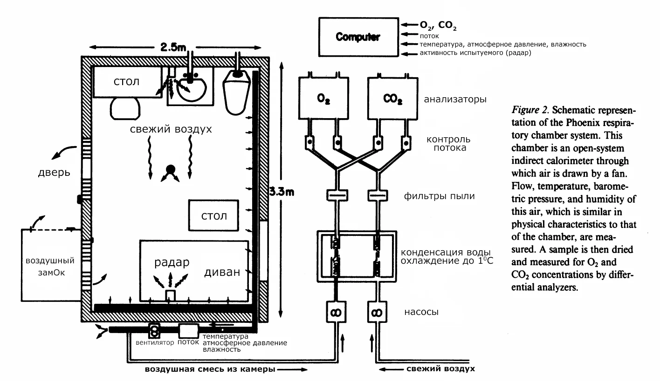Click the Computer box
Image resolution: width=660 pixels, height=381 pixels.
(x=358, y=37)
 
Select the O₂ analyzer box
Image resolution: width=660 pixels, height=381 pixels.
(x=323, y=98)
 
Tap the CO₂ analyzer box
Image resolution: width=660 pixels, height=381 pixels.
(x=393, y=98)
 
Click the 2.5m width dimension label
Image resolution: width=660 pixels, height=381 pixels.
(x=173, y=47)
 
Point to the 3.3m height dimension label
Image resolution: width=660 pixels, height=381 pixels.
(x=282, y=192)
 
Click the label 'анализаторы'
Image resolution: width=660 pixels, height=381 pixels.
(x=455, y=100)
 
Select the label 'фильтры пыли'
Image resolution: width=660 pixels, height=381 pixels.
(x=440, y=196)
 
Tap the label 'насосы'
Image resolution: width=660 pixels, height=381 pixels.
(x=421, y=312)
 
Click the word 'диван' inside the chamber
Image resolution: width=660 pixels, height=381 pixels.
(x=222, y=272)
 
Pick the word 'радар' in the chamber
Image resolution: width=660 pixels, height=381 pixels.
(x=172, y=262)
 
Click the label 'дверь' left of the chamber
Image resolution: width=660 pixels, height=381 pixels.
(x=54, y=173)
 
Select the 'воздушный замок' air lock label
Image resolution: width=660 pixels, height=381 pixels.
(x=50, y=267)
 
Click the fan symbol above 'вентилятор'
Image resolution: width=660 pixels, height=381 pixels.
(x=154, y=331)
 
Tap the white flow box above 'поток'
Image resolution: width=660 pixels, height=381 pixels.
(x=189, y=331)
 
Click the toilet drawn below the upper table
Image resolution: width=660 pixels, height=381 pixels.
(x=125, y=108)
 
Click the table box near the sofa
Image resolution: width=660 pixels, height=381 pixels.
(x=213, y=215)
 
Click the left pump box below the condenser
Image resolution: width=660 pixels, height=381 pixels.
(x=336, y=312)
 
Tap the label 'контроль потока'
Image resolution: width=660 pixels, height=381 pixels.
(x=449, y=143)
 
